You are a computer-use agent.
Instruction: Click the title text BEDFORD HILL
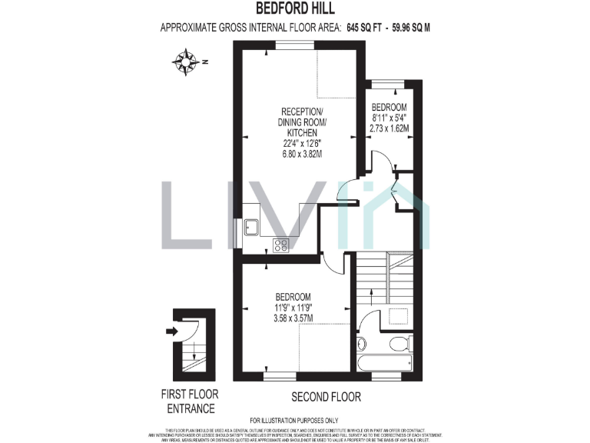[294, 11]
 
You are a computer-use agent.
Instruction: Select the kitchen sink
[251, 226]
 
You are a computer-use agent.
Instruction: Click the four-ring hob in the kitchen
[280, 245]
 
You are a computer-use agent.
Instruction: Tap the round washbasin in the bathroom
[363, 344]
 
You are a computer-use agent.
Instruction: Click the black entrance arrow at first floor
[171, 331]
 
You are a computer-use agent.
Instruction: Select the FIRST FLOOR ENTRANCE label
[187, 401]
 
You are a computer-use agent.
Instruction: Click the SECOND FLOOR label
[326, 397]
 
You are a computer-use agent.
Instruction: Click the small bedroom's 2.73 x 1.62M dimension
[389, 128]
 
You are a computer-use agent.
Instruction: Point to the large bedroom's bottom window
[280, 376]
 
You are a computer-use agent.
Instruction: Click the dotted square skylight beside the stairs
[396, 316]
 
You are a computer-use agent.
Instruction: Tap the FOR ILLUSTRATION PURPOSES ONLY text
[294, 420]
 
